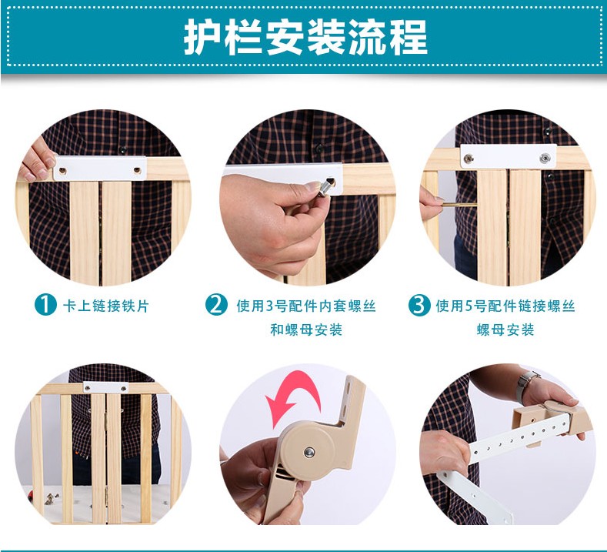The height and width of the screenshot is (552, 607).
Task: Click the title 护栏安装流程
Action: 306,38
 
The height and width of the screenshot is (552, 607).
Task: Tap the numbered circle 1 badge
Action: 45,305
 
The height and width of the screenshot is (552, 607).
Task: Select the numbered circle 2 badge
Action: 216,304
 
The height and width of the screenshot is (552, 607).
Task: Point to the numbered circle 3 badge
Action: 419,305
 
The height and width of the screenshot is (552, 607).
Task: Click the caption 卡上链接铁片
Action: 105,306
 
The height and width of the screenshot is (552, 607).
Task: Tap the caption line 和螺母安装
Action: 306,330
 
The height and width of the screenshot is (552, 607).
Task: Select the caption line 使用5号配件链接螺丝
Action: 505,306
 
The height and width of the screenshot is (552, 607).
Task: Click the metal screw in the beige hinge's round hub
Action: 309,452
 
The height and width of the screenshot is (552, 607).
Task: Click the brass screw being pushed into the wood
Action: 460,205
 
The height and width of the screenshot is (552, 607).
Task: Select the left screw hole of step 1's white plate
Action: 62,170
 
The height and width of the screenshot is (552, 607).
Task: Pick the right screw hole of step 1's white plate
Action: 138,170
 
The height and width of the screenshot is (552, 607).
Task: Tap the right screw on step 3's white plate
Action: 545,157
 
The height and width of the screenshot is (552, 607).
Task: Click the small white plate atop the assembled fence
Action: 105,387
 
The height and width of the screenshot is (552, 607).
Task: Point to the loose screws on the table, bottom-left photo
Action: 52,498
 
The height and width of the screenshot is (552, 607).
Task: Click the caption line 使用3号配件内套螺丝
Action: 306,306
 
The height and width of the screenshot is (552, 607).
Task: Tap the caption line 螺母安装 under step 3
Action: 505,330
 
